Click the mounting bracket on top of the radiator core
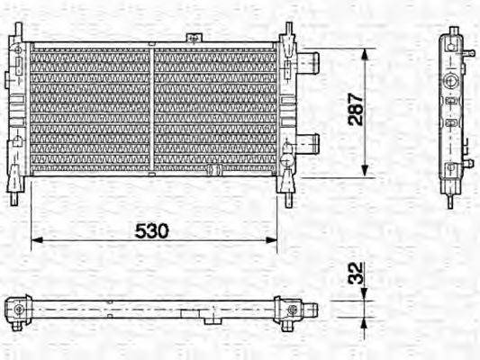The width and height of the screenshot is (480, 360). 193,38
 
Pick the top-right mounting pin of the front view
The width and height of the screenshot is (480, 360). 289,31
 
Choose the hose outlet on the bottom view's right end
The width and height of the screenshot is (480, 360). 309,310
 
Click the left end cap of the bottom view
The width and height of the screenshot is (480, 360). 16,308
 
